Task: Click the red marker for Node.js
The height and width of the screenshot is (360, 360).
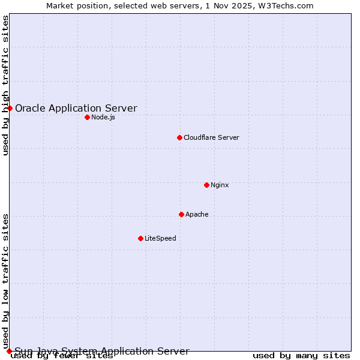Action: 87,117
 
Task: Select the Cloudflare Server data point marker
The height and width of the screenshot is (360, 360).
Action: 179,137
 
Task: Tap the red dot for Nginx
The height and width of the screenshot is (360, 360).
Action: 206,185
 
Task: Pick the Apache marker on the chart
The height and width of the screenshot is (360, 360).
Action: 181,214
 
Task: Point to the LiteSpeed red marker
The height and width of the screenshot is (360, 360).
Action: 140,238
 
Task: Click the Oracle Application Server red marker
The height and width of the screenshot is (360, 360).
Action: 10,108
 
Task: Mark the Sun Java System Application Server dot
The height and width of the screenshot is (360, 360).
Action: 9,351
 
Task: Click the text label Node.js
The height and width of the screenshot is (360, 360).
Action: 103,117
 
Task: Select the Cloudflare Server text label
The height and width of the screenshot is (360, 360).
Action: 211,137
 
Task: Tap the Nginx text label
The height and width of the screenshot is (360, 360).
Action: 220,185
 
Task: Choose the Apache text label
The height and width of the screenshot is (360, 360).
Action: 197,214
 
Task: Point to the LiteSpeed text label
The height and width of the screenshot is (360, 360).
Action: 160,238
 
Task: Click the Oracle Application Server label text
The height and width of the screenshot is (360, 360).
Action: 76,109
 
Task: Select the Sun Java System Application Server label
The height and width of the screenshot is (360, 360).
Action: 102,351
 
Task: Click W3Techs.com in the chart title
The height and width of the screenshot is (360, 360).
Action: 285,5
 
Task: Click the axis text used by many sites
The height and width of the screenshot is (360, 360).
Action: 301,356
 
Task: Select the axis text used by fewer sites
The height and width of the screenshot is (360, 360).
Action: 62,356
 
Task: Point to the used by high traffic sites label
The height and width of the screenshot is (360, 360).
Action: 5,85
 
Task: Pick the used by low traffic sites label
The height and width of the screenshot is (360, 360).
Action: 5,281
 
